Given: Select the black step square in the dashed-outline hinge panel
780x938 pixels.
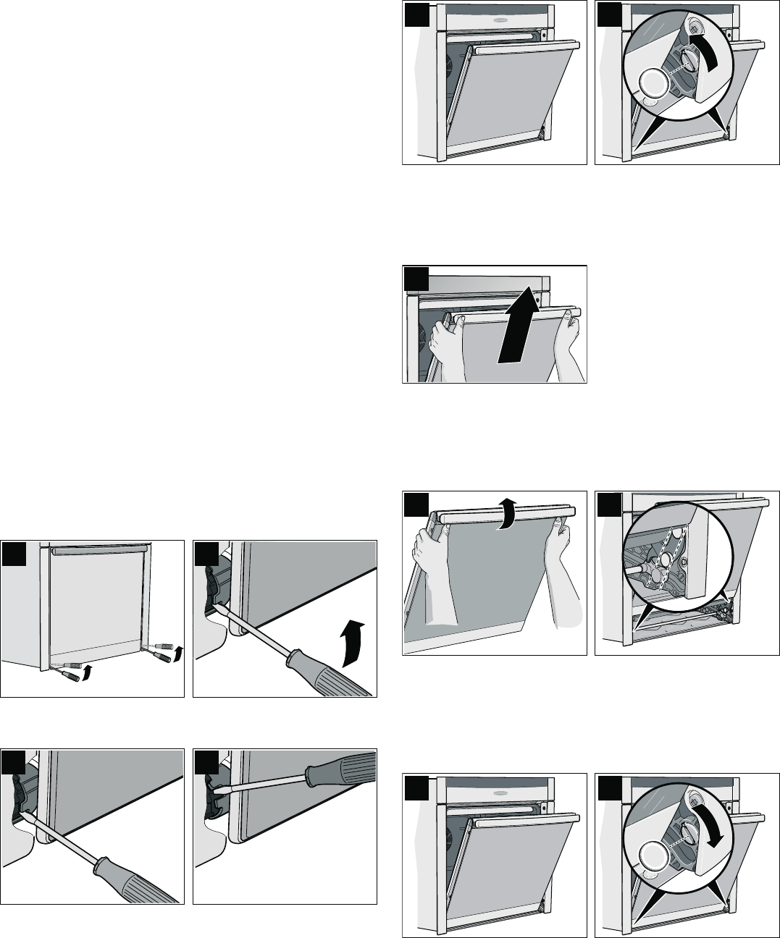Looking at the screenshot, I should (608, 504).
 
